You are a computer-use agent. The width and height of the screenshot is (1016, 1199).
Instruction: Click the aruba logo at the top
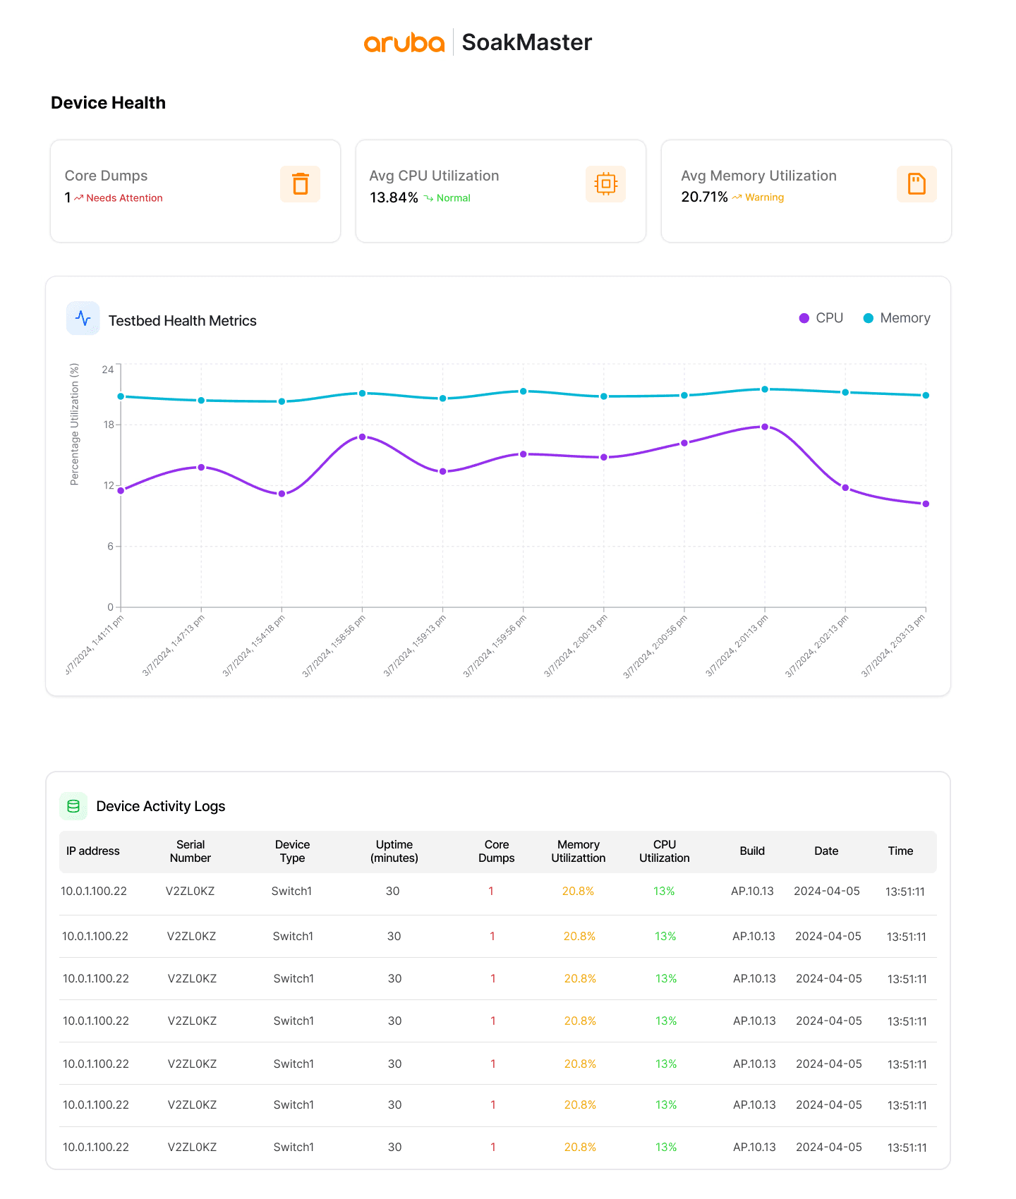(404, 43)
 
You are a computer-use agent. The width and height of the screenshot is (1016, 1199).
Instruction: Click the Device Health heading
(108, 103)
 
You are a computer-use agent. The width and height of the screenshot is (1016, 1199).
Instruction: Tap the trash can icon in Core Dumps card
(300, 184)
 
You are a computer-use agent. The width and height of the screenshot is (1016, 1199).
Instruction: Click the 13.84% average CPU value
(394, 197)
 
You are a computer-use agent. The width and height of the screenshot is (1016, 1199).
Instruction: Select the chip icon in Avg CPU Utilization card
(605, 184)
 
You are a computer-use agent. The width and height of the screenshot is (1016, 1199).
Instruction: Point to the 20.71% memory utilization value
(704, 197)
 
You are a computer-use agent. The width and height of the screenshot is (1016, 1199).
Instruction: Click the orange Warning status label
(764, 197)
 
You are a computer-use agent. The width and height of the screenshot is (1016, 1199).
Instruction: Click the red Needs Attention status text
(124, 198)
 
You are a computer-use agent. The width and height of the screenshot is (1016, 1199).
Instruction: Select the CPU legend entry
(821, 318)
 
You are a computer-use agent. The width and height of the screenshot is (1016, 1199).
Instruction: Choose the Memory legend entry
(897, 318)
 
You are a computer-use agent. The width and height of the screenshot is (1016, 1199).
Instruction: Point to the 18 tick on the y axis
(108, 425)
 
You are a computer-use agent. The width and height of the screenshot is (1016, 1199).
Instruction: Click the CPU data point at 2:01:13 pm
(765, 427)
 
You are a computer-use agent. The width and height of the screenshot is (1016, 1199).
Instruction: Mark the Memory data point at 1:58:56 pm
(362, 393)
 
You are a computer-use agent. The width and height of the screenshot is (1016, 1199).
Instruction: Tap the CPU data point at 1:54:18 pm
(282, 494)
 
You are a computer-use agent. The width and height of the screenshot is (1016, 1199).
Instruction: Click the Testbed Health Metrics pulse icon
(83, 318)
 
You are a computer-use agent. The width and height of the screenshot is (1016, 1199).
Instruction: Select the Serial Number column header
(190, 851)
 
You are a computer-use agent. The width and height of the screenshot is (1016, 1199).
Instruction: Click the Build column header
(752, 851)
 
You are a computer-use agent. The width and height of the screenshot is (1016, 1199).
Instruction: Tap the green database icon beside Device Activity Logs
(73, 806)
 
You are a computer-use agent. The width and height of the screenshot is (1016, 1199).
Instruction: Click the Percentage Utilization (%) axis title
(75, 424)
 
